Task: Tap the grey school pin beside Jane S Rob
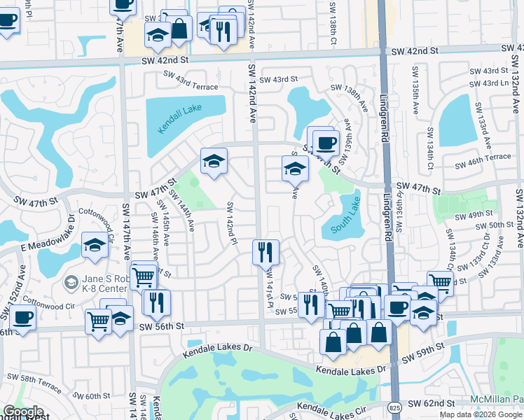71,282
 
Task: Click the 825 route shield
395,406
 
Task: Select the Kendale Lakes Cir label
331,407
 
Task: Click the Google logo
23,412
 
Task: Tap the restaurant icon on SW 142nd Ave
266,252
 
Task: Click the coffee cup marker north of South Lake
324,143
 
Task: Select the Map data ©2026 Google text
481,414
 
